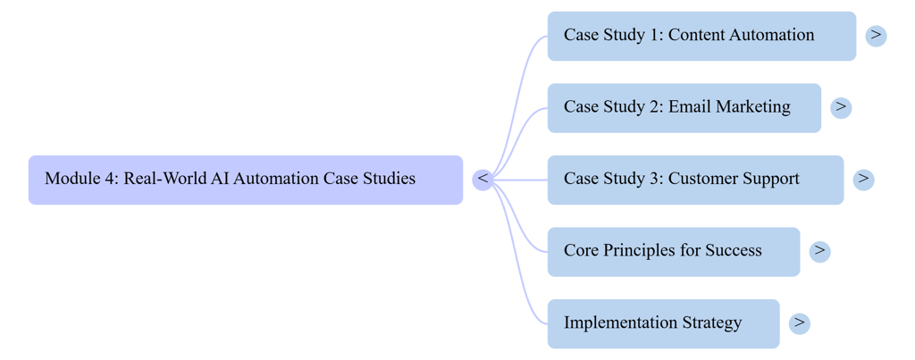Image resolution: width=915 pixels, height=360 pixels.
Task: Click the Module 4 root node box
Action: [245, 180]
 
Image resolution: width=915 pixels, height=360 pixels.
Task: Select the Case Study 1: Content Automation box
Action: [701, 36]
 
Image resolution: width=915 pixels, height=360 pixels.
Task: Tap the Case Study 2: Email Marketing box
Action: [684, 107]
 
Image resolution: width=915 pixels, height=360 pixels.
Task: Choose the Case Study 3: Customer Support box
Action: [694, 180]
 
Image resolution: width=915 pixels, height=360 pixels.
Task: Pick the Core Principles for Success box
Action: [673, 251]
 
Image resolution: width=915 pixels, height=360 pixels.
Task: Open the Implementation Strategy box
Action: [662, 322]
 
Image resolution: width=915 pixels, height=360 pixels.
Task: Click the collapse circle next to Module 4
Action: [483, 180]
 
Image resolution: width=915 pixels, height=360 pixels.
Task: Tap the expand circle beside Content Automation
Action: [876, 36]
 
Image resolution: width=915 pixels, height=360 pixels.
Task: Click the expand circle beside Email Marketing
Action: [841, 107]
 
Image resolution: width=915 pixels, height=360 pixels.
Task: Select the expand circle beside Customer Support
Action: [863, 180]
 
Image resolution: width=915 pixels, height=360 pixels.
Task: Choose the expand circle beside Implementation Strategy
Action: [800, 322]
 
